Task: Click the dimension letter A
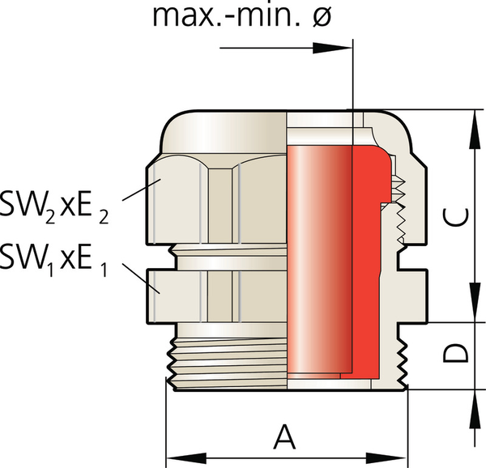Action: coord(283,437)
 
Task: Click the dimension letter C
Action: coord(458,216)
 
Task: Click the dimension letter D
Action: coord(458,355)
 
